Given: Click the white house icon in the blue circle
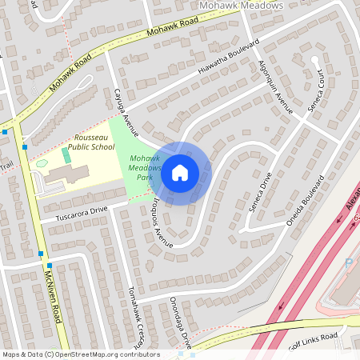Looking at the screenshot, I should click(x=180, y=172).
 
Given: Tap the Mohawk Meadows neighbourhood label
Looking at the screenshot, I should click(x=240, y=6).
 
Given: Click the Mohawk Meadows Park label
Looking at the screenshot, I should click(x=146, y=167).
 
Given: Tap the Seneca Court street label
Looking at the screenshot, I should click(x=317, y=92).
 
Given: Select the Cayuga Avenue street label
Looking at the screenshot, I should click(x=126, y=112).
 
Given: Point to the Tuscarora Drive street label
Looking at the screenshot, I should click(x=81, y=213).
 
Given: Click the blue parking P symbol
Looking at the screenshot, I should click(x=348, y=262).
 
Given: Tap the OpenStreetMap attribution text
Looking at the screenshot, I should click(x=80, y=354).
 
